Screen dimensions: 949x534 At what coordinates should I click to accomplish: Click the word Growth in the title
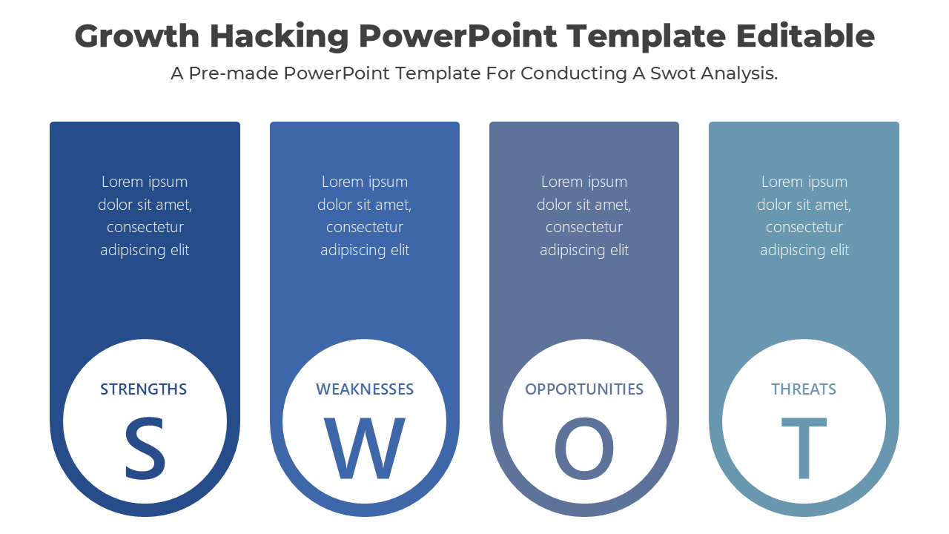click(x=137, y=37)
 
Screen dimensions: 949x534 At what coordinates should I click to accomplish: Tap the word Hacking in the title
click(x=280, y=37)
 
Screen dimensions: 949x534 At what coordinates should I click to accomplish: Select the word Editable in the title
click(x=805, y=36)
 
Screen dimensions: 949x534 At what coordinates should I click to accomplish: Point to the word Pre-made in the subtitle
click(x=234, y=73)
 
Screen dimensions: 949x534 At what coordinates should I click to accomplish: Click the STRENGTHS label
click(x=144, y=389)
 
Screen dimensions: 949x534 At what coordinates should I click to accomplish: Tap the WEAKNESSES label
click(x=365, y=389)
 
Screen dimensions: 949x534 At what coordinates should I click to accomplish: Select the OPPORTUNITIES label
click(x=584, y=389)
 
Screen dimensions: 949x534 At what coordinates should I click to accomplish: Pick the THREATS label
click(x=804, y=389)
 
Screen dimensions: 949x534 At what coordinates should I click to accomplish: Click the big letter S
click(x=145, y=449)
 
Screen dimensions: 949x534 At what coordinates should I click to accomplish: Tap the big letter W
click(x=365, y=449)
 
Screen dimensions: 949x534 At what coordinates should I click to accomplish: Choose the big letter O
click(x=584, y=449)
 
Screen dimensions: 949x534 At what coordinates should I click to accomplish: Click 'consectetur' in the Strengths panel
click(x=145, y=228)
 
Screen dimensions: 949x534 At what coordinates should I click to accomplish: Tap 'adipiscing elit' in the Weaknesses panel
click(x=365, y=250)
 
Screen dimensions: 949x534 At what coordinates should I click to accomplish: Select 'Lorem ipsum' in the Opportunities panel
click(x=584, y=182)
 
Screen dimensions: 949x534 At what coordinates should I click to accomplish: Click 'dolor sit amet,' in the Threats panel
click(x=804, y=205)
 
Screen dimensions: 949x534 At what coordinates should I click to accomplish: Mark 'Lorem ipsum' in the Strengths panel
click(x=145, y=182)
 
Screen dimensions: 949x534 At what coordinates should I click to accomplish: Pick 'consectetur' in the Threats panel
click(x=804, y=228)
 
